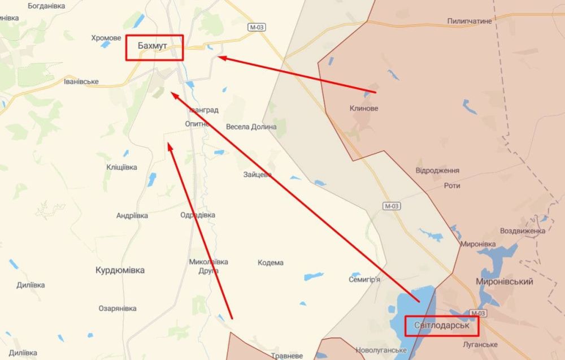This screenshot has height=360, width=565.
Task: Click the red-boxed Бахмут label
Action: tap(154, 48)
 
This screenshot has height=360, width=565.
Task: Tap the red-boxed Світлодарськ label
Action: tap(441, 326)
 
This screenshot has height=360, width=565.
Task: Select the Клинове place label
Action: tap(364, 108)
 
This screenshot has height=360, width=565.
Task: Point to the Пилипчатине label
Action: tap(470, 20)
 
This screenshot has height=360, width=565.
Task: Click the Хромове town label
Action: tap(106, 38)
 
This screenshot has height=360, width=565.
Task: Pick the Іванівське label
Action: tap(81, 81)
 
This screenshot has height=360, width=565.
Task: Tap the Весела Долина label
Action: tap(251, 127)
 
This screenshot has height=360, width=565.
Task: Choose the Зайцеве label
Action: tap(258, 175)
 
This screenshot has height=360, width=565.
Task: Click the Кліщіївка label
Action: tap(121, 167)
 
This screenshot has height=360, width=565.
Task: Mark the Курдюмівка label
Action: tap(120, 270)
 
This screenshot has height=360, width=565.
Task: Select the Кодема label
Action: tap(271, 263)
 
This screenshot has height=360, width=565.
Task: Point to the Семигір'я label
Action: tap(364, 279)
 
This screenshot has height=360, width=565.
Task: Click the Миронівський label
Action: tap(505, 281)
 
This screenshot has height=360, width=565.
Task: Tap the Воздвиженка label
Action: tap(523, 231)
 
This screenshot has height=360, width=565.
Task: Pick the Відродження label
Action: tap(437, 170)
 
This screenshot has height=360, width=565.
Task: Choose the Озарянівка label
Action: tap(118, 309)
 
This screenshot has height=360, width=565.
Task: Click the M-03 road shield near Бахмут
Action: tap(256, 27)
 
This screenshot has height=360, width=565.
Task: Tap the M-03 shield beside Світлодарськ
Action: tap(477, 313)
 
